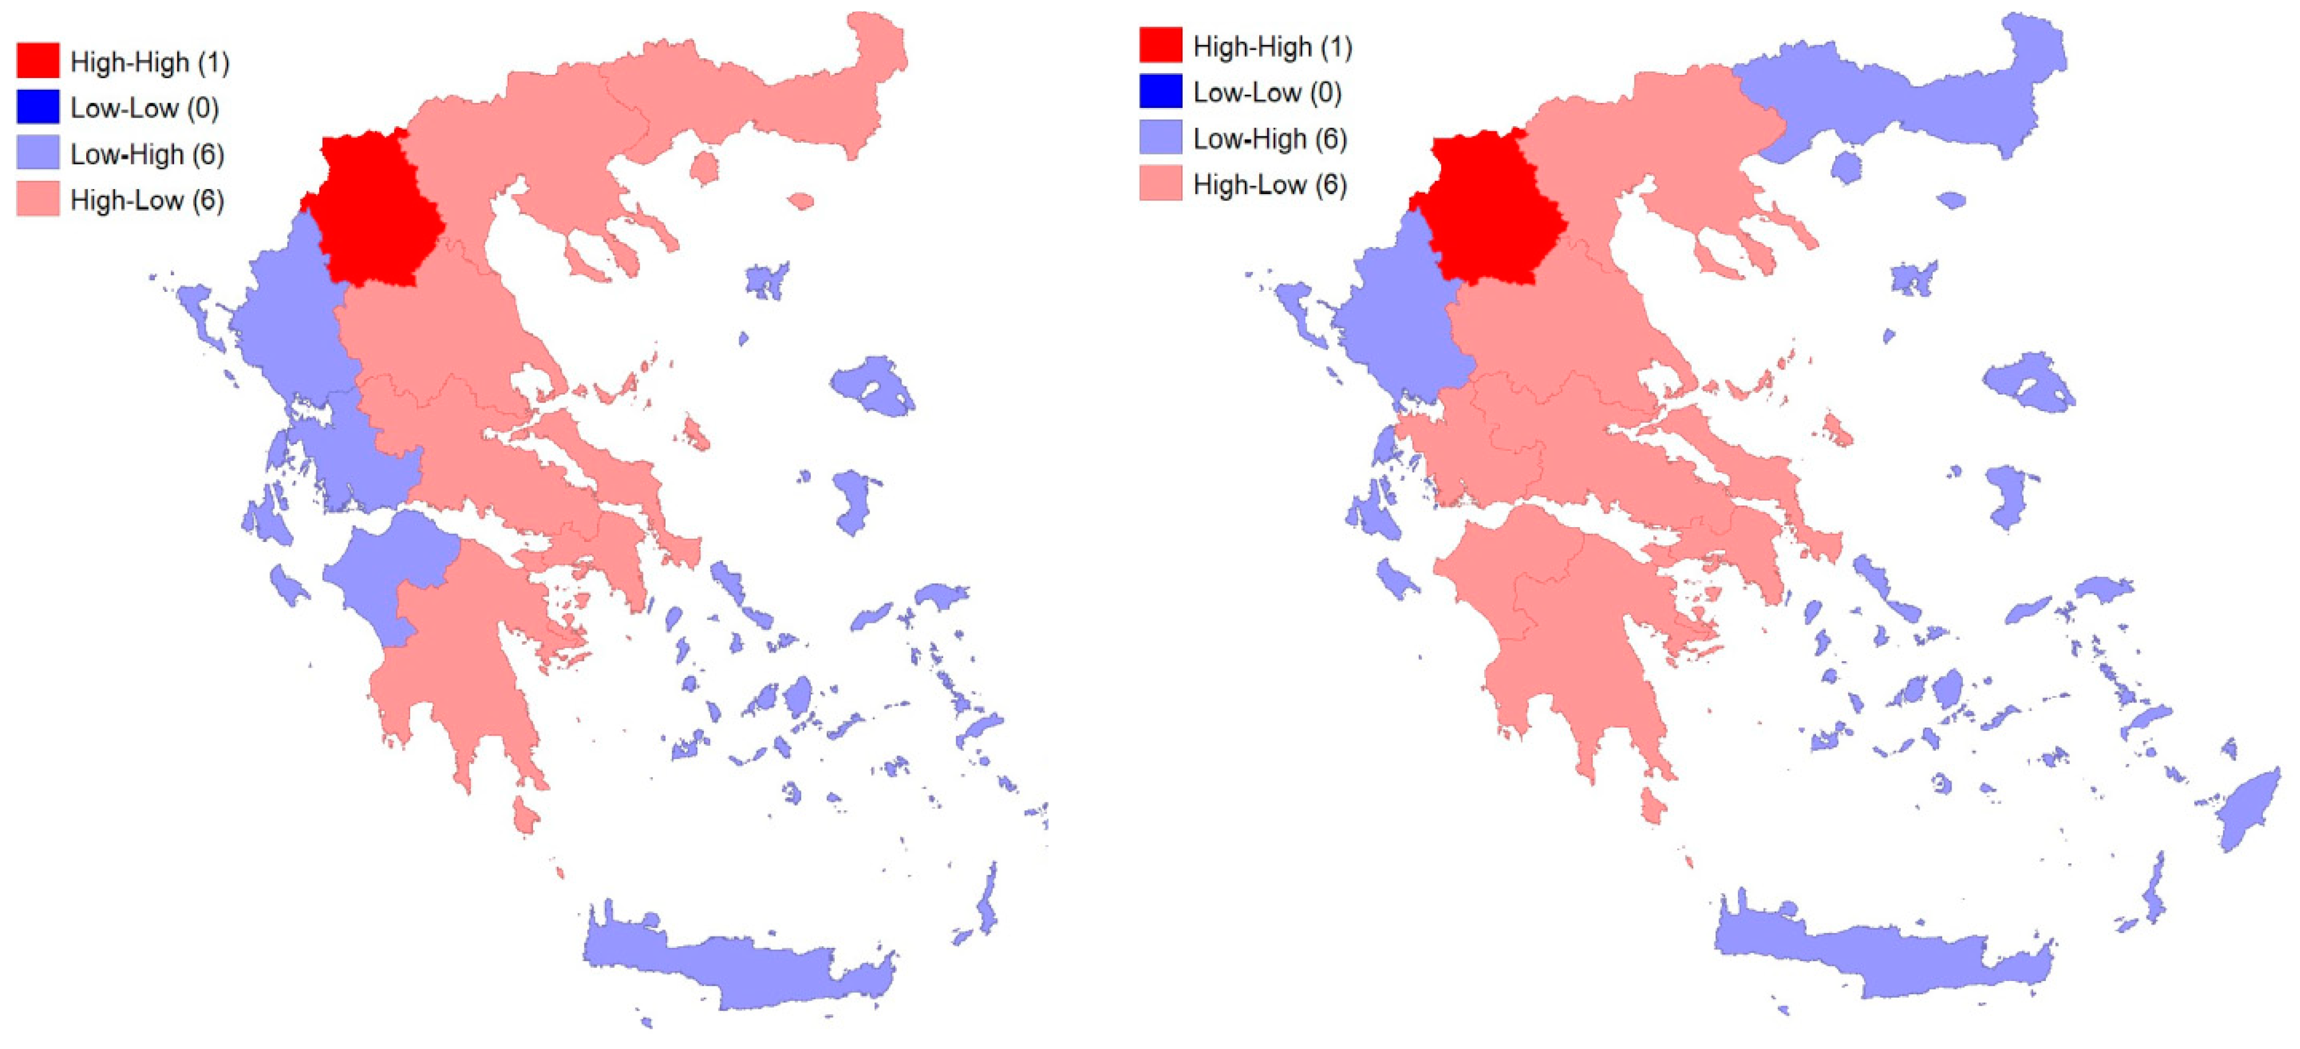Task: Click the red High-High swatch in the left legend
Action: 38,61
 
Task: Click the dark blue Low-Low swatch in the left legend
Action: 38,107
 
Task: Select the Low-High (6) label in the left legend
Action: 147,154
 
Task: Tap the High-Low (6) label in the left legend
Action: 147,200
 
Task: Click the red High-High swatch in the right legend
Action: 1160,45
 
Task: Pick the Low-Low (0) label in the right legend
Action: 1267,92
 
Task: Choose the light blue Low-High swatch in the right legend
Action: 1160,138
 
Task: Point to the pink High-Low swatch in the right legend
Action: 1160,184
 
